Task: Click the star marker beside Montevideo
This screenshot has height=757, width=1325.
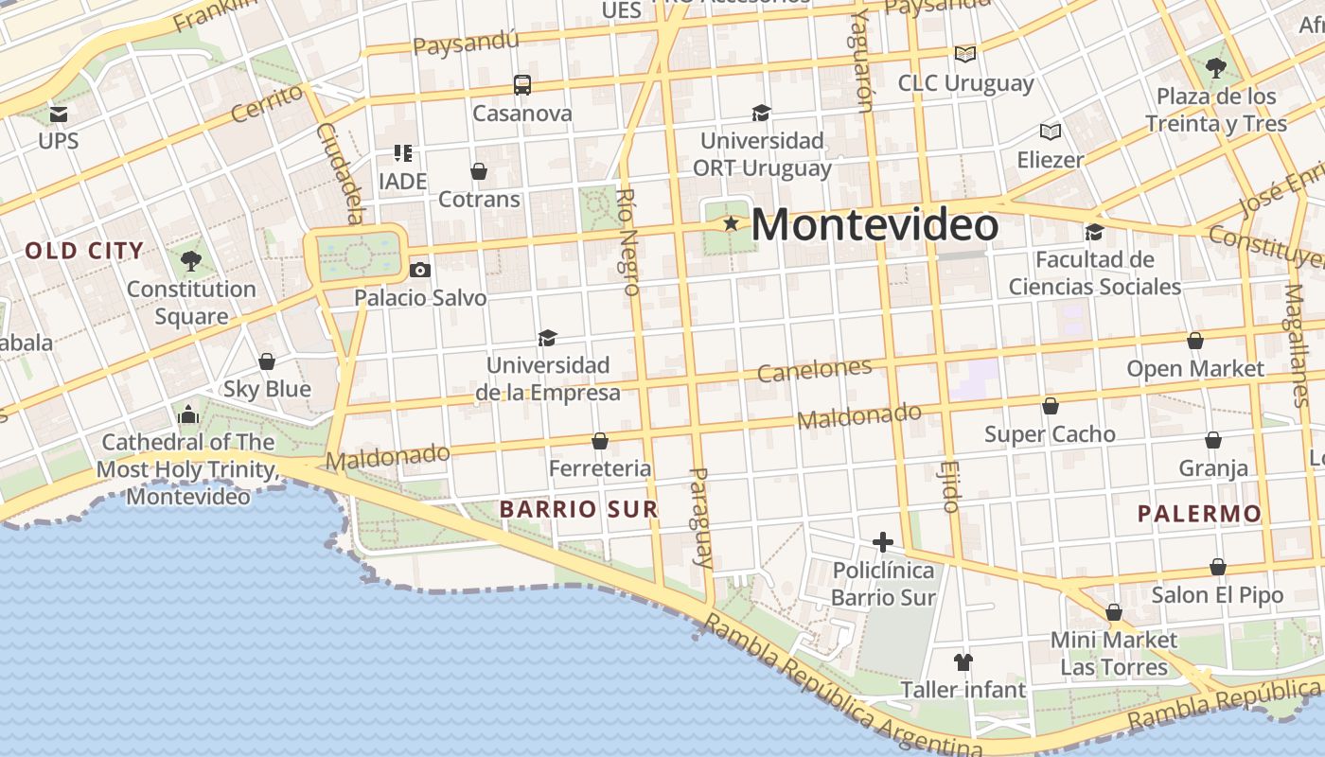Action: (731, 224)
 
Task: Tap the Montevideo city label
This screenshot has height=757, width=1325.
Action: (874, 225)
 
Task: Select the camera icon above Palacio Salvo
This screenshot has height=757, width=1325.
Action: (420, 271)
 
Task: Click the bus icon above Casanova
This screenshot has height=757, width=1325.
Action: (522, 85)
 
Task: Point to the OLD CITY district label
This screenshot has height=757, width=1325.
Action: (84, 251)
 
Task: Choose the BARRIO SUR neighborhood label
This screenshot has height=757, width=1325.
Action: (578, 509)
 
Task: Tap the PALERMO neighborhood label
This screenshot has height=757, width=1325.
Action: (1199, 514)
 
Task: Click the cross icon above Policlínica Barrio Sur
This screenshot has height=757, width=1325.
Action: (883, 542)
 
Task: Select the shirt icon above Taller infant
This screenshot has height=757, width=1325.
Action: (963, 661)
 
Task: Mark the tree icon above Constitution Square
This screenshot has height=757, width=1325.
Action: (191, 260)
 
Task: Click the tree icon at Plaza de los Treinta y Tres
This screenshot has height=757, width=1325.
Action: (1216, 68)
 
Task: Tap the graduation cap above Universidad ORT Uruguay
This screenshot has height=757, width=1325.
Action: (761, 114)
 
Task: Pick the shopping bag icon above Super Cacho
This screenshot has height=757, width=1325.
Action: (1050, 406)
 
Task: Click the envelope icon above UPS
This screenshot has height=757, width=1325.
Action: (59, 114)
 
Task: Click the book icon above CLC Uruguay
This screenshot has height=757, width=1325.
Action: (964, 55)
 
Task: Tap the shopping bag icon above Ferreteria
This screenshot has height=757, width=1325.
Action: (599, 441)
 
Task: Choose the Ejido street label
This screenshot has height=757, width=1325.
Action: (949, 486)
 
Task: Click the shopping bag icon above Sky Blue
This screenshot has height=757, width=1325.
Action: (267, 361)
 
